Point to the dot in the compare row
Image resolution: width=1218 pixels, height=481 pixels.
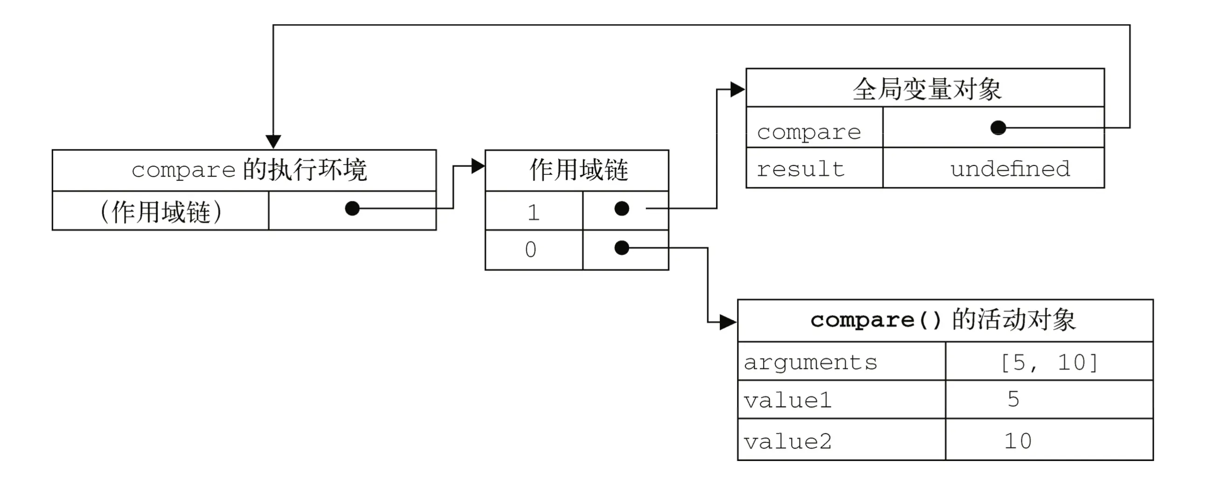998,128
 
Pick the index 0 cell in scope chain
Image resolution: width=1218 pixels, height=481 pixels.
531,250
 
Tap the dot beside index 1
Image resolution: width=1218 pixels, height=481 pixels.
621,209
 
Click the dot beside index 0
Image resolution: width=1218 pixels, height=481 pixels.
621,247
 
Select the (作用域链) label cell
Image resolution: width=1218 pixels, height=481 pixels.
161,212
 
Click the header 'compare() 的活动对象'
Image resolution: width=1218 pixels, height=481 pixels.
943,320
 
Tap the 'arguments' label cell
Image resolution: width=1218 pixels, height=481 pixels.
810,363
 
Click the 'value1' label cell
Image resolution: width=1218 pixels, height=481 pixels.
787,400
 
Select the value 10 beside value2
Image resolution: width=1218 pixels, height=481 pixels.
1018,441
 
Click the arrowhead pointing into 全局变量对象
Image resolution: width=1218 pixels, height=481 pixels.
737,89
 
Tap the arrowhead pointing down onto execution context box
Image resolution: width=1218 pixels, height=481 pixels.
274,141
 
